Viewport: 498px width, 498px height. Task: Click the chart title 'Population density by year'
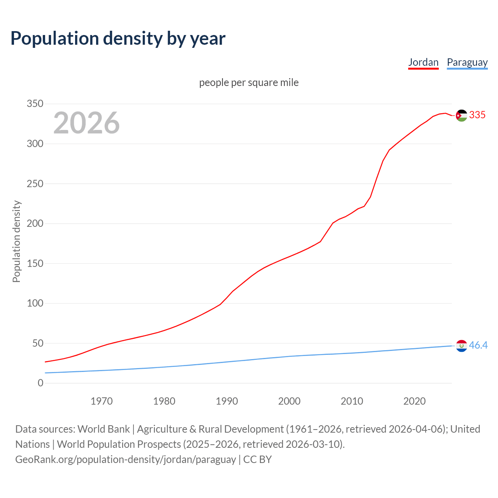click(118, 39)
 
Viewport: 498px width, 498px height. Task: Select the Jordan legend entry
click(423, 62)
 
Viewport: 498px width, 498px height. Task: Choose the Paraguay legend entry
click(467, 62)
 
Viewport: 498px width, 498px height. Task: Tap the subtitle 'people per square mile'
click(249, 83)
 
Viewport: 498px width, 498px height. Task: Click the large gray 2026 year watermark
click(86, 123)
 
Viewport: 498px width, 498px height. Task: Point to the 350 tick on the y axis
click(35, 104)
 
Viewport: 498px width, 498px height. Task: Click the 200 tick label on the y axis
click(35, 224)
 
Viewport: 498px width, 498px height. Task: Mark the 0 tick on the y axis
click(40, 383)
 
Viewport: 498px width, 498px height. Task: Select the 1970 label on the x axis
click(102, 401)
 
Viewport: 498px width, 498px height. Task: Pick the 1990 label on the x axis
click(227, 401)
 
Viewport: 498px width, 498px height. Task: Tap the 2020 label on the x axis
click(414, 401)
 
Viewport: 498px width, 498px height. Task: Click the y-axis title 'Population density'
click(16, 241)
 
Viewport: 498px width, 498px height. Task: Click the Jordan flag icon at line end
click(461, 116)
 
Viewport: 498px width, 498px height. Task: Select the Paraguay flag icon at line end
click(461, 345)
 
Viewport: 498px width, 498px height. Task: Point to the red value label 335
click(477, 115)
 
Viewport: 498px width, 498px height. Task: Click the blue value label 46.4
click(478, 345)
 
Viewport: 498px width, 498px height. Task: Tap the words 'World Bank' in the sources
click(103, 429)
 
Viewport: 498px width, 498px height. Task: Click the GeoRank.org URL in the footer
click(125, 459)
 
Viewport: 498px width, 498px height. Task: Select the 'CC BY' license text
click(258, 459)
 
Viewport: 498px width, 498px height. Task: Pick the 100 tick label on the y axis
click(35, 303)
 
